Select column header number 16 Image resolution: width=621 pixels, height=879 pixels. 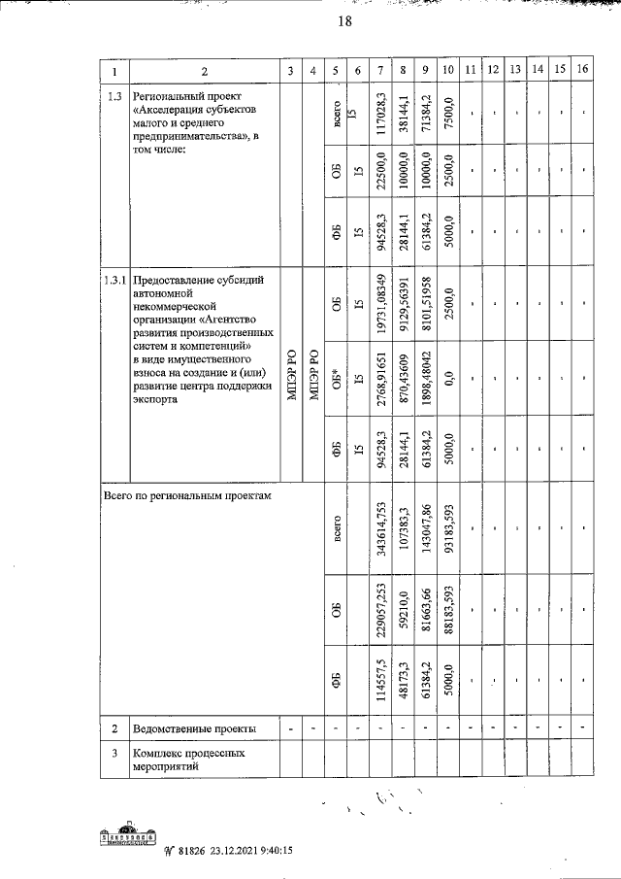click(x=582, y=69)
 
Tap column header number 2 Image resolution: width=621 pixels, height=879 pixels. click(x=204, y=70)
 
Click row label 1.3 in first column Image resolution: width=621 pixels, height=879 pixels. click(x=114, y=95)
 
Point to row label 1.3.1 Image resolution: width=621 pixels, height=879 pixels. click(x=114, y=282)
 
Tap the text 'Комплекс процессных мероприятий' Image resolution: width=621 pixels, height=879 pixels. click(x=188, y=759)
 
